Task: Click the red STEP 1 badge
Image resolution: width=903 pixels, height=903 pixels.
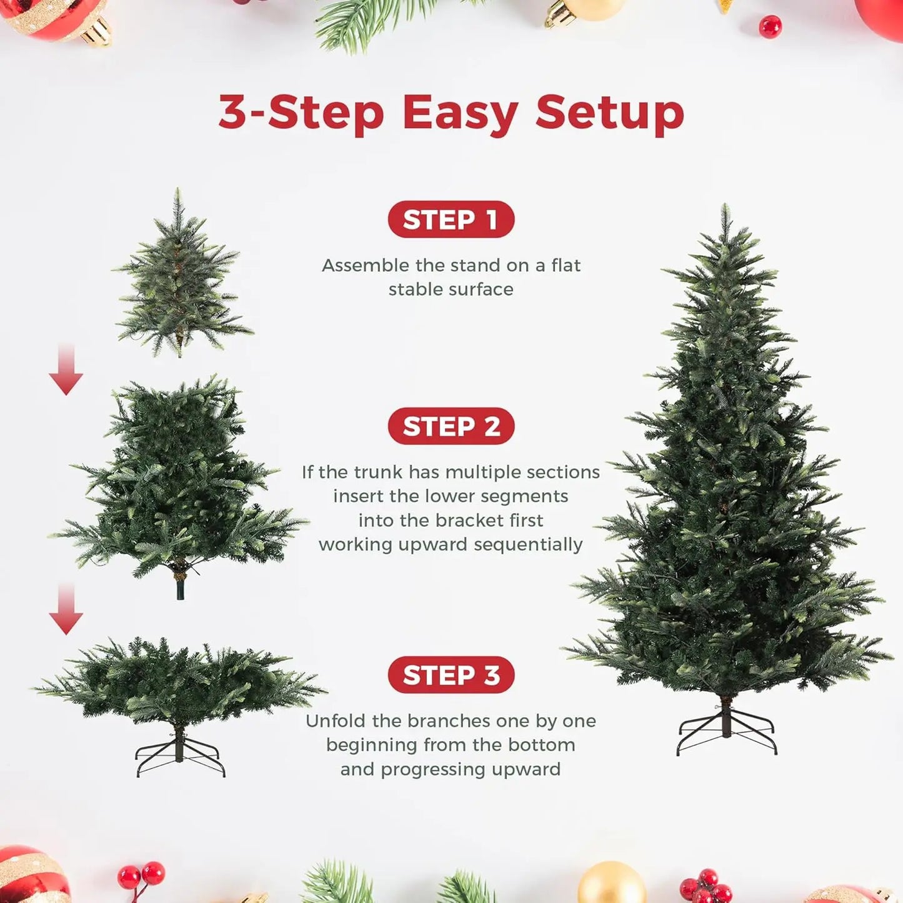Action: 451,219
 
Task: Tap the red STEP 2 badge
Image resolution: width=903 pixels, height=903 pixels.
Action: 451,426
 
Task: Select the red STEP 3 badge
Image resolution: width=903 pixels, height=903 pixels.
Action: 451,675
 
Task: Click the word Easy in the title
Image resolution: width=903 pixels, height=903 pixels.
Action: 460,113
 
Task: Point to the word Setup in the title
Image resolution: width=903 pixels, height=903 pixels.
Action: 609,113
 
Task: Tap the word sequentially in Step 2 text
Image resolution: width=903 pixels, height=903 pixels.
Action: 528,544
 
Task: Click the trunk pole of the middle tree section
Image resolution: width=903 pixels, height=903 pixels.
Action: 181,587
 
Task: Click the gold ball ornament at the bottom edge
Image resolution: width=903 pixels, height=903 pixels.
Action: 611,886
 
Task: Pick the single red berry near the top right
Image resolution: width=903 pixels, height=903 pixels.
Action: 770,27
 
